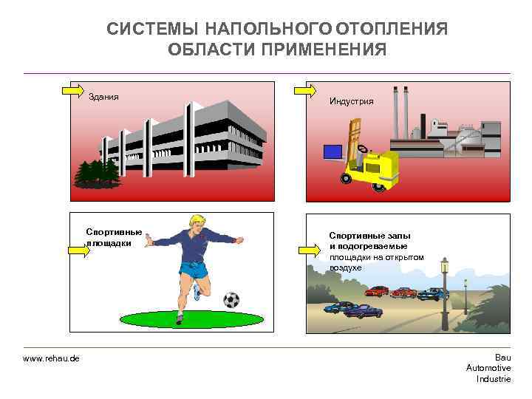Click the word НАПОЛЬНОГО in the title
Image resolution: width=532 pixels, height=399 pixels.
pos(269,29)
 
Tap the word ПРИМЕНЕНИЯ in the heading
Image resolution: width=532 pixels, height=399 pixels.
pos(324,50)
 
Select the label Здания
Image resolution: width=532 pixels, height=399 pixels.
pos(103,97)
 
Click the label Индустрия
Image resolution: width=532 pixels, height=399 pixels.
pos(351,101)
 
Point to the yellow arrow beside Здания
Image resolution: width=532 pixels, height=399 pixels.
pos(73,91)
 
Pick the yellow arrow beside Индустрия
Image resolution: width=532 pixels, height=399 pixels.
pos(305,91)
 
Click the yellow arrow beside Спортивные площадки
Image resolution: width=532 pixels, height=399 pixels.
pos(79,250)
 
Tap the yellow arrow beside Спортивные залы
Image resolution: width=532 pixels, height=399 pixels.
pos(309,250)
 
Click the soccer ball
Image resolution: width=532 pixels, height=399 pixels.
pos(231,300)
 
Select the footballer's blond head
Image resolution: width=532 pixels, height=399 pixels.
pos(197,224)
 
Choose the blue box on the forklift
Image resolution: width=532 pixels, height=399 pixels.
pos(332,152)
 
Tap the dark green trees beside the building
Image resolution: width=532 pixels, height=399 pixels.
pos(98,174)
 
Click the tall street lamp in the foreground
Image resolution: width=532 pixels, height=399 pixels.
pos(445,294)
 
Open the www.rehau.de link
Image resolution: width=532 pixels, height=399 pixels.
pos(51,358)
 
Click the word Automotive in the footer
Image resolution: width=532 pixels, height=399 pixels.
pos(488,368)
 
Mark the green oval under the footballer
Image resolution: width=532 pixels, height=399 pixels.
pos(191,319)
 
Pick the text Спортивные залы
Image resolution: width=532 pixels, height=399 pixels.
pos(370,236)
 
